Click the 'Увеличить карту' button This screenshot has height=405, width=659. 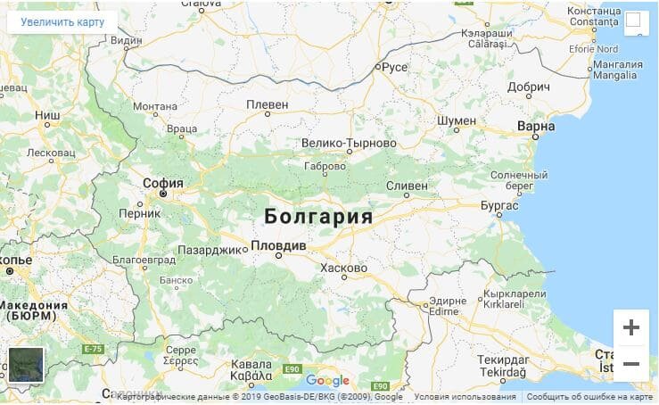pyautogui.click(x=62, y=21)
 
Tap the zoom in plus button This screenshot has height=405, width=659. pyautogui.click(x=630, y=327)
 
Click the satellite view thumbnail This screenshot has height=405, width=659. pyautogui.click(x=26, y=365)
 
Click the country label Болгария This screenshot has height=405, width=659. pyautogui.click(x=318, y=217)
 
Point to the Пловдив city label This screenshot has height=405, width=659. pyautogui.click(x=279, y=245)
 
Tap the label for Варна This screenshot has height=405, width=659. pyautogui.click(x=535, y=127)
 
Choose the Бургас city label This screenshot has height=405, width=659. pyautogui.click(x=498, y=205)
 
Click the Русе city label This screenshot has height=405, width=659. pyautogui.click(x=394, y=66)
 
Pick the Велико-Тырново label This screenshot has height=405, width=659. pyautogui.click(x=349, y=143)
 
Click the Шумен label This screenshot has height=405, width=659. pyautogui.click(x=457, y=120)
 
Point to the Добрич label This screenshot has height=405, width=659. pyautogui.click(x=530, y=87)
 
